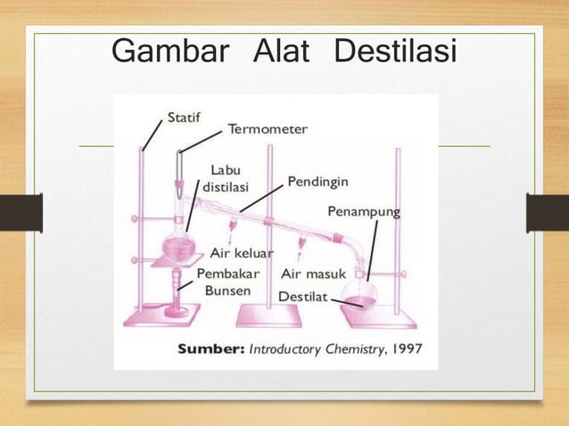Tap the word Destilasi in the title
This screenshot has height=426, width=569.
click(x=394, y=51)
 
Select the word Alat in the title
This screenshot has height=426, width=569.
click(x=281, y=51)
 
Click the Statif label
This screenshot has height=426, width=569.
click(x=185, y=116)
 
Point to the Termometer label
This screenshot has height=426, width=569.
click(x=268, y=129)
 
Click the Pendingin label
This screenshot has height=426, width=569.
click(x=317, y=183)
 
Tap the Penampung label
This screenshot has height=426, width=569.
click(x=363, y=212)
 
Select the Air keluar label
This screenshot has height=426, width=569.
click(x=241, y=253)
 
